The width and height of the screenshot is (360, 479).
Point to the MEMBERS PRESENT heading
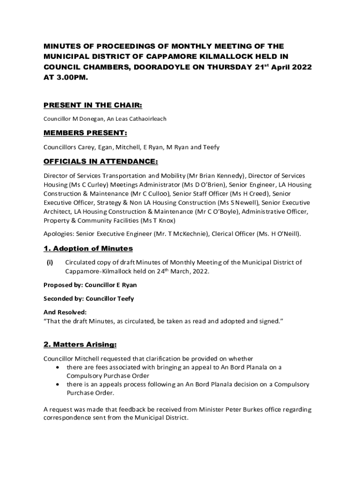[86, 133]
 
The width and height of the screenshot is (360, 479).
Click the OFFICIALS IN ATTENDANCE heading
[101, 162]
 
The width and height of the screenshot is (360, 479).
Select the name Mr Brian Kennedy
[216, 176]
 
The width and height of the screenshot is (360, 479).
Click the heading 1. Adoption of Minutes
[88, 248]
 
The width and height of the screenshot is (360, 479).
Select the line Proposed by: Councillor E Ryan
[90, 285]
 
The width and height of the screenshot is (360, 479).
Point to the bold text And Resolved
[65, 312]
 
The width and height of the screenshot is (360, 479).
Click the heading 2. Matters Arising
[80, 345]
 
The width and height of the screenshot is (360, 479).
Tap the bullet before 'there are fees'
[58, 367]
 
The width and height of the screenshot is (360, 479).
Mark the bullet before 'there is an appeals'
[58, 385]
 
